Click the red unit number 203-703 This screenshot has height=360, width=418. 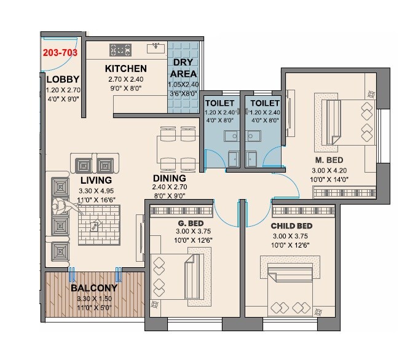[x=60, y=53]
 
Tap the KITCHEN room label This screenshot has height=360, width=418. [x=125, y=68]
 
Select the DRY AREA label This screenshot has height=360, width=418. [x=184, y=68]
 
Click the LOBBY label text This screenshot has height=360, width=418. [x=63, y=79]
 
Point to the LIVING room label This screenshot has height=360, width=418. [x=95, y=180]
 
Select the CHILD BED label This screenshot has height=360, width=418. [x=291, y=226]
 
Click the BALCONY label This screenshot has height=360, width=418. [x=94, y=288]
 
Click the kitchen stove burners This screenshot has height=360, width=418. [x=121, y=49]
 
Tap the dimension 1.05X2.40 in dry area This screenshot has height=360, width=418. [x=184, y=85]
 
